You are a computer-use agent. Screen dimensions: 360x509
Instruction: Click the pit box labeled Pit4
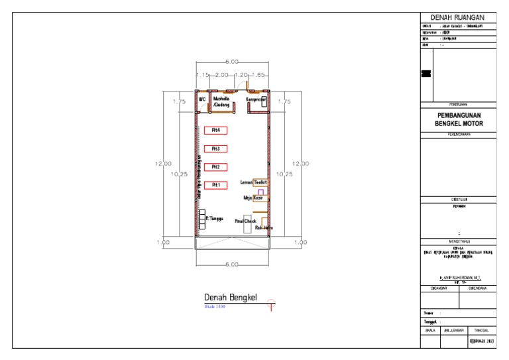click(215, 131)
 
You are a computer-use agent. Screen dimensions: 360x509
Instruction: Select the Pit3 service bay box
click(215, 149)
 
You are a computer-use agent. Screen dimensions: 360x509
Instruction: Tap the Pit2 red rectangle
click(215, 167)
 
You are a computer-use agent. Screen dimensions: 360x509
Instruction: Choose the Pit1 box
click(215, 185)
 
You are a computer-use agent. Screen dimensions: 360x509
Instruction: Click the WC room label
click(203, 99)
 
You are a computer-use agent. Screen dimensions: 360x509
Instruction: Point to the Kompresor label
click(256, 100)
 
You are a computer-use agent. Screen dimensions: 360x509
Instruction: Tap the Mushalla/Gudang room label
click(221, 101)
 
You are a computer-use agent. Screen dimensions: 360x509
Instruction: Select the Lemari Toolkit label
click(253, 182)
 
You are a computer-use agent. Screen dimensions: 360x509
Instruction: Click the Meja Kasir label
click(253, 198)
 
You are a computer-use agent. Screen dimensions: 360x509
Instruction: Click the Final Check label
click(245, 221)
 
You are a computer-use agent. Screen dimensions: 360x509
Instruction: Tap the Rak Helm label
click(263, 227)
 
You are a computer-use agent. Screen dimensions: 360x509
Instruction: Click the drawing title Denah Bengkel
click(230, 298)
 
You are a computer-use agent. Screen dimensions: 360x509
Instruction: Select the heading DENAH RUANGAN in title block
click(458, 17)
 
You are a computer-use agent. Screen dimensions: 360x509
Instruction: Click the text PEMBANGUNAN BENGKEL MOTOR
click(458, 119)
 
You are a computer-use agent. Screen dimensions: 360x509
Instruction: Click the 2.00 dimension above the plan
click(221, 76)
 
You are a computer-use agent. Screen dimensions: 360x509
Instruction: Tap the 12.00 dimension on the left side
click(164, 163)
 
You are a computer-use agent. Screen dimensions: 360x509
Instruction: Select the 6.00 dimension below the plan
click(230, 265)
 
